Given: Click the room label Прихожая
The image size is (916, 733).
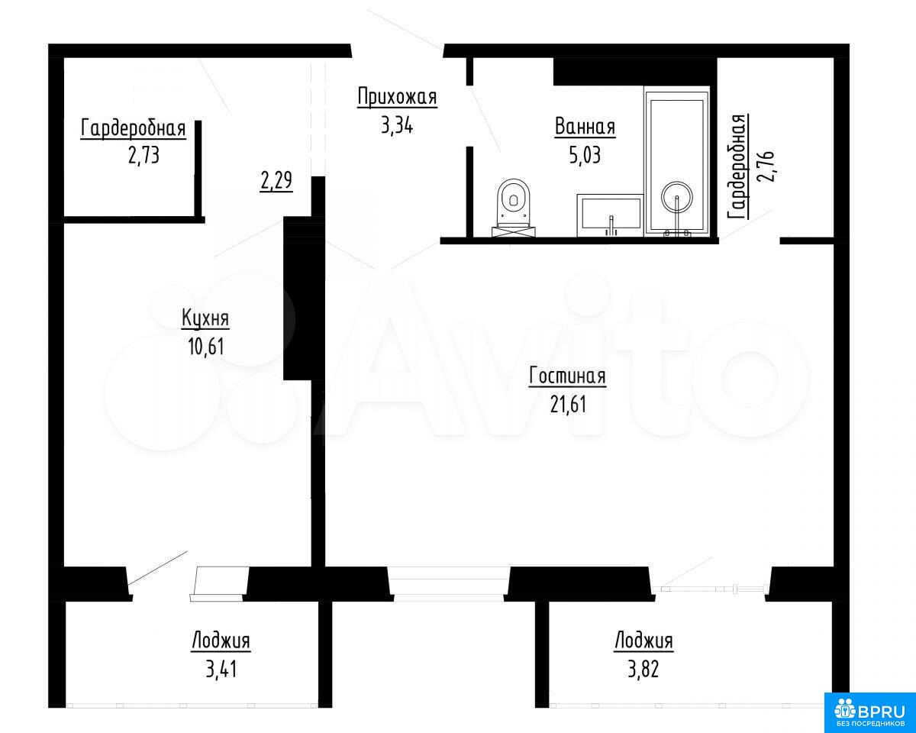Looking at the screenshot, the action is tap(397, 98).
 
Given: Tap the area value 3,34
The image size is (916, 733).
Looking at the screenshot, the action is tap(397, 126).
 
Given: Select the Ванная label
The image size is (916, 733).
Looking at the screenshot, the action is tap(585, 127).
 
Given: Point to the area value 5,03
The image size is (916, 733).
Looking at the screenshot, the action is tap(585, 155).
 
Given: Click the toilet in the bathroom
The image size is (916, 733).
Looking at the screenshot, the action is tap(514, 208).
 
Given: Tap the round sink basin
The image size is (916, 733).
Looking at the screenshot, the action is tap(677, 196).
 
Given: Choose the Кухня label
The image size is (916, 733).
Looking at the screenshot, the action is tap(205, 318).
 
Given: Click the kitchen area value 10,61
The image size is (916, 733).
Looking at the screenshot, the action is tap(206, 347).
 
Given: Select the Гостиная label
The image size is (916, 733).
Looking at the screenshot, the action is tap(567, 376).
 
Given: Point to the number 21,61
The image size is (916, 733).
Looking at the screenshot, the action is tap(568, 404).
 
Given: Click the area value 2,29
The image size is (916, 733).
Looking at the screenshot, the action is tap(276, 181).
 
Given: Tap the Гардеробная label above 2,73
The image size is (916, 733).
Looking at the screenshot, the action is tap(134, 128).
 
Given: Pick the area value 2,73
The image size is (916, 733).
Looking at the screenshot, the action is tap(144, 156).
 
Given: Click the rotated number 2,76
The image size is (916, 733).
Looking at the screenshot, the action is tap(765, 166).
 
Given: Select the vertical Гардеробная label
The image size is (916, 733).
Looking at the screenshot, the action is tap(737, 167).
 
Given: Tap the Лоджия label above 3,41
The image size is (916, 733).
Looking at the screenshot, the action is tap(221, 641).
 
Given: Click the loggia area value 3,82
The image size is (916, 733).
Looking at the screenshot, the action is tap(643, 669).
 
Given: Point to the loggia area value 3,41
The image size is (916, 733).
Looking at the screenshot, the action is tap(221, 669).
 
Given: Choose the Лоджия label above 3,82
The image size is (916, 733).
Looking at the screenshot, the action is tap(643, 641).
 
